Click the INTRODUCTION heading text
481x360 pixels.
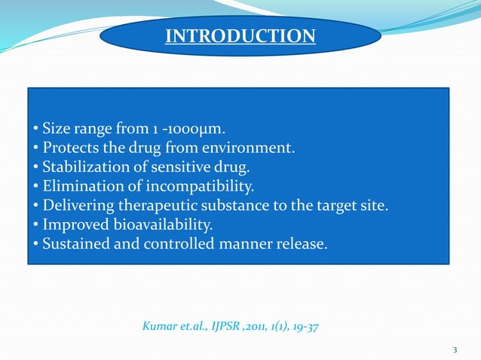tap(240, 35)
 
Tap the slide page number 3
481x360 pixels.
tap(455, 349)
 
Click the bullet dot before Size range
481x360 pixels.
tap(35, 127)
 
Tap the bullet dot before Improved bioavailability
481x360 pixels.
tap(35, 225)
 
